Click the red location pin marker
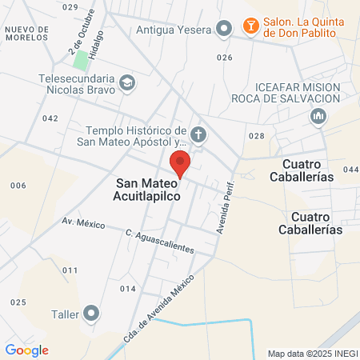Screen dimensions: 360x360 pyautogui.click(x=181, y=163)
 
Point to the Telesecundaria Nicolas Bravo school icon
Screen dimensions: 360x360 pyautogui.click(x=126, y=82)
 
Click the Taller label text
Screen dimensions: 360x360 pyautogui.click(x=67, y=314)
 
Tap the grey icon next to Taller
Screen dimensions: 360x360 pyautogui.click(x=93, y=314)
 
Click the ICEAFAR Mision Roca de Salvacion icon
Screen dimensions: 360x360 pyautogui.click(x=318, y=118)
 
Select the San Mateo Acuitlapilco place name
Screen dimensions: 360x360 pyautogui.click(x=148, y=189)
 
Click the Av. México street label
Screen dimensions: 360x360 pyautogui.click(x=83, y=223)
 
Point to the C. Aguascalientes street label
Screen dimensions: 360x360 pyautogui.click(x=160, y=241)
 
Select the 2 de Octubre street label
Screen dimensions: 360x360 pyautogui.click(x=78, y=36)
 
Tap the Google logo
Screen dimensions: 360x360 pyautogui.click(x=26, y=350)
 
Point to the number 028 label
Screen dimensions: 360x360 pyautogui.click(x=256, y=136)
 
